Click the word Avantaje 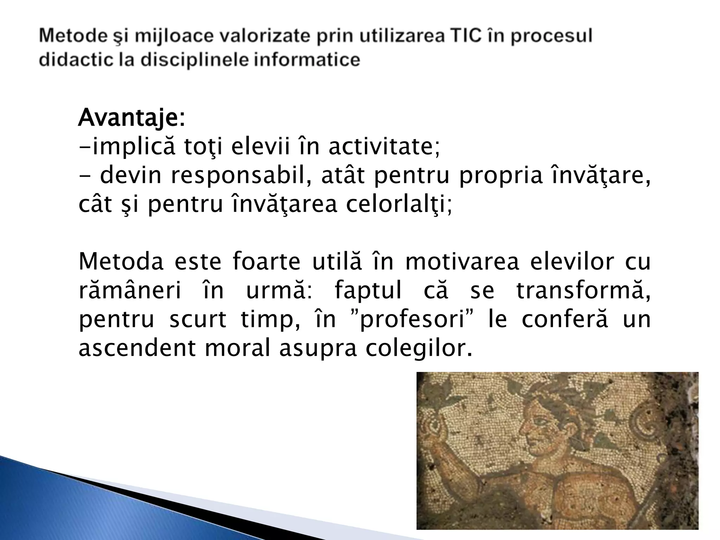[129, 118]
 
